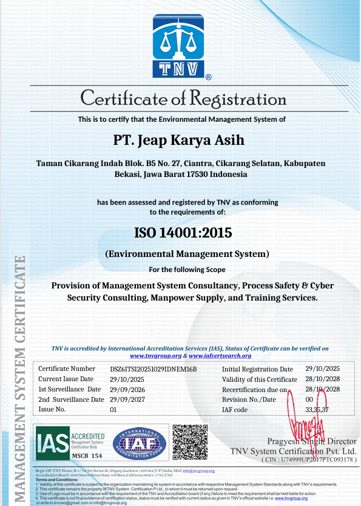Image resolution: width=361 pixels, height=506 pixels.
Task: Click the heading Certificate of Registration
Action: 183,98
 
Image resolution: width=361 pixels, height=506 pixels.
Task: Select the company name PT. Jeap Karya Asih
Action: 179,140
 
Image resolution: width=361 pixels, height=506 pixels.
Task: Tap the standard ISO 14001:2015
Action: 183,232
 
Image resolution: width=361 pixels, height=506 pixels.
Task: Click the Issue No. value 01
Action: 113,410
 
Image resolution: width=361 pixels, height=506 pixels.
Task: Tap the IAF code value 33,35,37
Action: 317,410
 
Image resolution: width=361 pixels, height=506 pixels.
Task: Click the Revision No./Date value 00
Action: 309,399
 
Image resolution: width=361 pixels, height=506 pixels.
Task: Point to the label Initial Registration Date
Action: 257,369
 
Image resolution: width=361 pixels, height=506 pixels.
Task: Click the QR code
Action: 191,442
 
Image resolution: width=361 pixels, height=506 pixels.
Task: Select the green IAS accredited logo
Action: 70,442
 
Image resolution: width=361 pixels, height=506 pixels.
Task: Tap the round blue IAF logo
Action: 140,442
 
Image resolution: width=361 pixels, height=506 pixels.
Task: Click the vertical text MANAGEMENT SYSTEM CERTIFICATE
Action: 19,376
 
